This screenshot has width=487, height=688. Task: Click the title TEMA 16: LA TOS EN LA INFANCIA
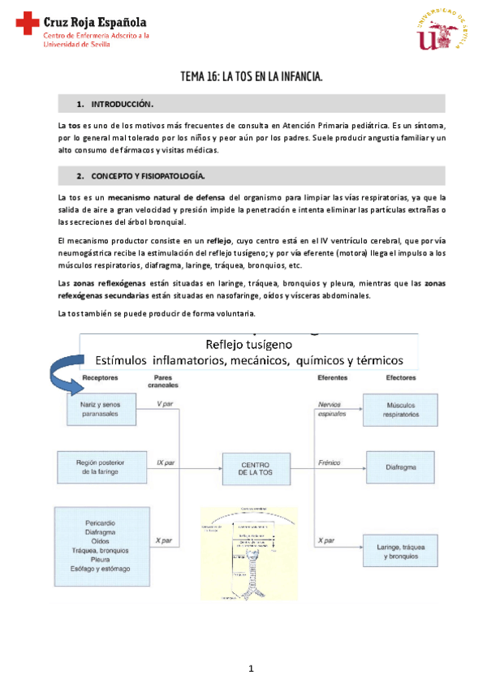point(252,78)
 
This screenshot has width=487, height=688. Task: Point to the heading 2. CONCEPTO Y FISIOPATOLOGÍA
point(148,175)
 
